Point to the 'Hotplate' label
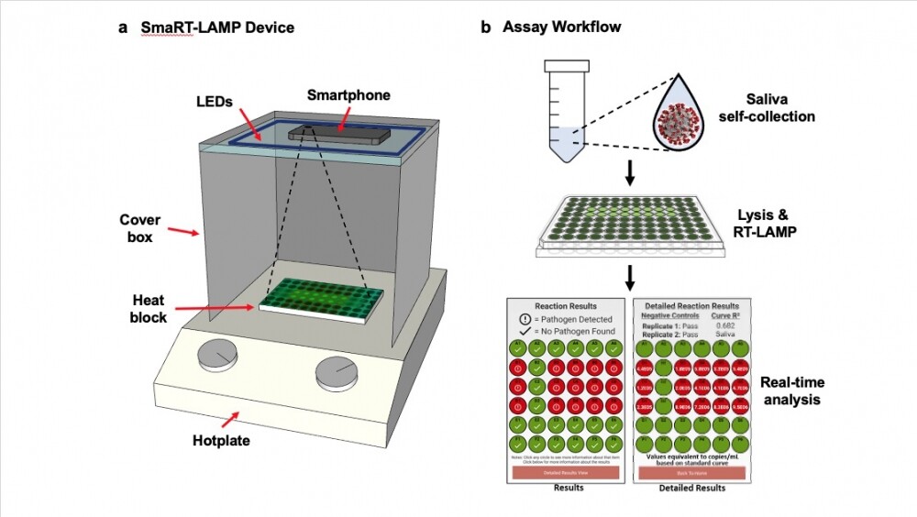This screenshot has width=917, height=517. click(222, 441)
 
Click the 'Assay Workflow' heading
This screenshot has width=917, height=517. click(561, 27)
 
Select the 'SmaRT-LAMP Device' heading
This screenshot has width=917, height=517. click(217, 27)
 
